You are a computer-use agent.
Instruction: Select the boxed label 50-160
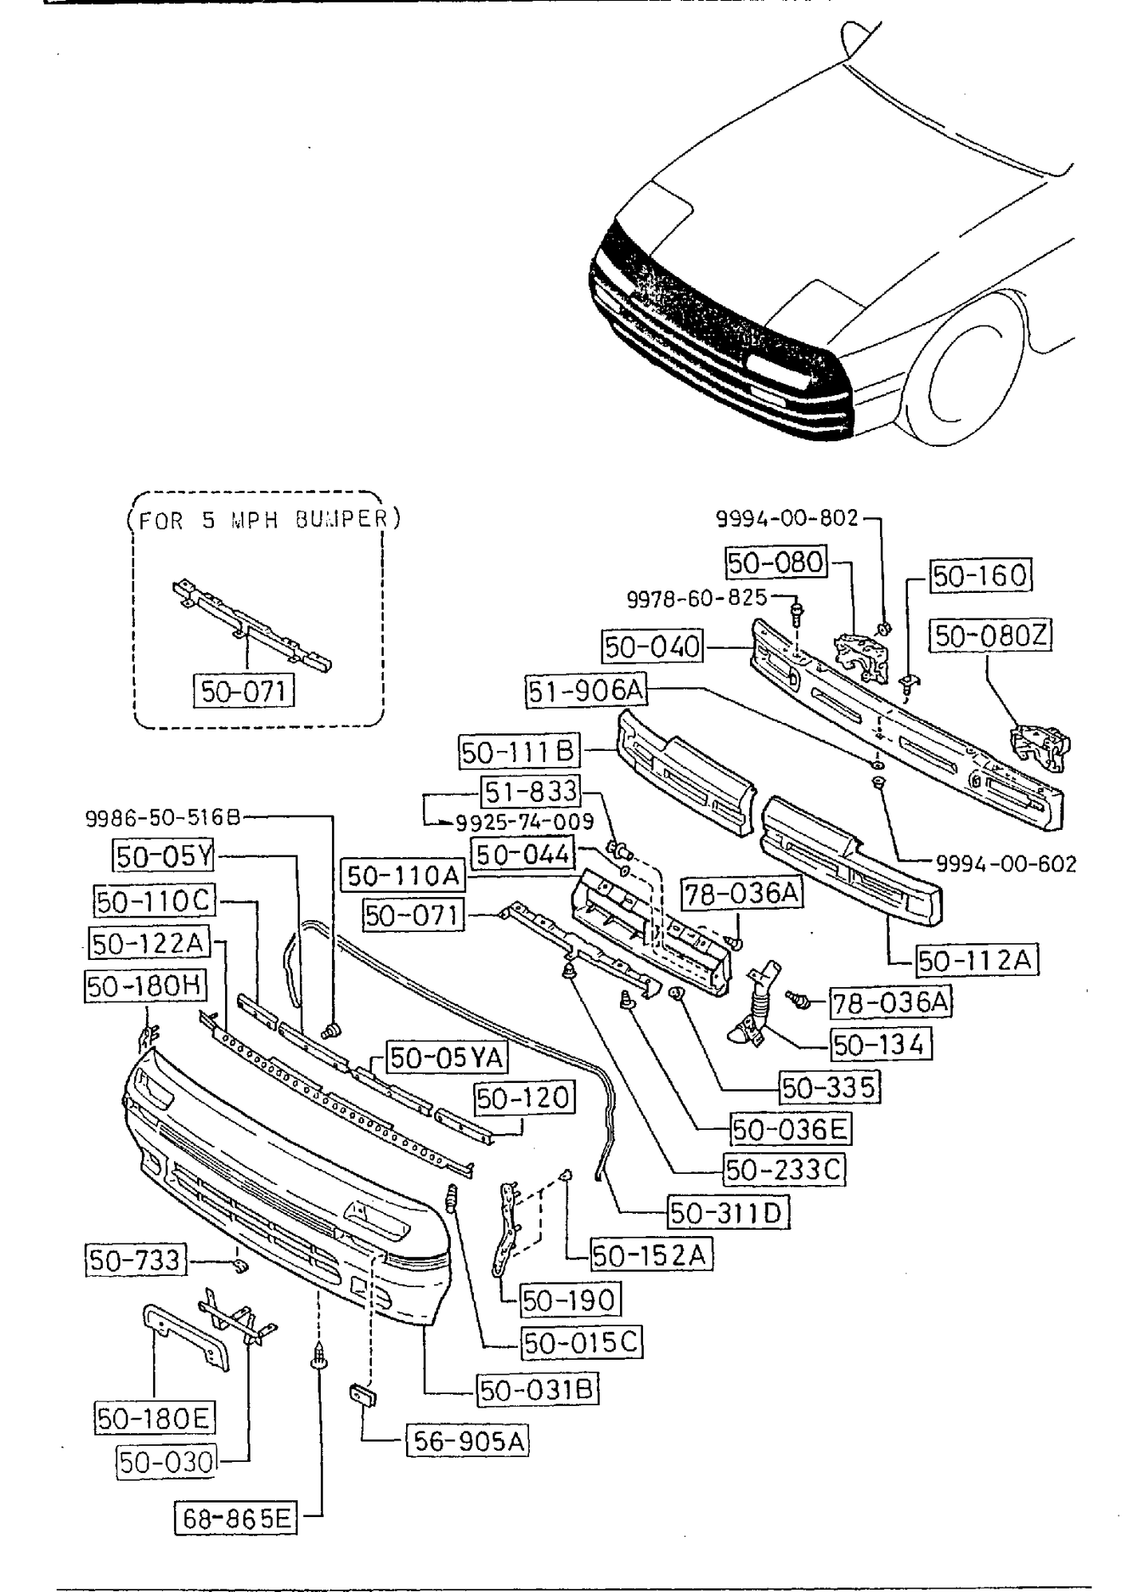tap(981, 575)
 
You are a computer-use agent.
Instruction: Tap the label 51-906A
tap(586, 690)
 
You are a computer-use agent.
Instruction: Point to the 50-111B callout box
tap(519, 752)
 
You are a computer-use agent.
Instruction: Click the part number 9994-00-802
tap(787, 519)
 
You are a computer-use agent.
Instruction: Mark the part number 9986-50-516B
tap(163, 817)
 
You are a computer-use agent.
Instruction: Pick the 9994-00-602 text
tap(1006, 863)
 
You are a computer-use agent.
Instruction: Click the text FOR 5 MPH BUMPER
tap(263, 519)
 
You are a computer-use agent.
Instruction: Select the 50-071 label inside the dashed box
tap(243, 690)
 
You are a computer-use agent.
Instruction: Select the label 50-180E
tap(153, 1418)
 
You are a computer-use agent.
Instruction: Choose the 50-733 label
tap(135, 1261)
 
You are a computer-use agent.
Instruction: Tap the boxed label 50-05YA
tap(448, 1058)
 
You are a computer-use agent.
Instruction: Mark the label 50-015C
tap(581, 1343)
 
